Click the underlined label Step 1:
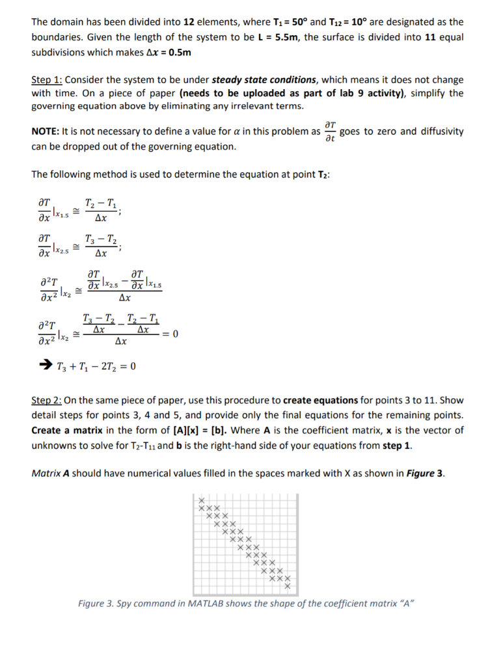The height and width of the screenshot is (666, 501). (47, 80)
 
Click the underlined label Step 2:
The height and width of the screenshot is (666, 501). (47, 401)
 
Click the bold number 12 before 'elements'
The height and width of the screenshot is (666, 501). (186, 22)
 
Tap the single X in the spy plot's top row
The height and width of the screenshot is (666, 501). (201, 499)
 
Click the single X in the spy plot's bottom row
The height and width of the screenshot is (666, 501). (287, 587)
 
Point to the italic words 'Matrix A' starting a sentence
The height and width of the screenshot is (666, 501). (50, 473)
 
